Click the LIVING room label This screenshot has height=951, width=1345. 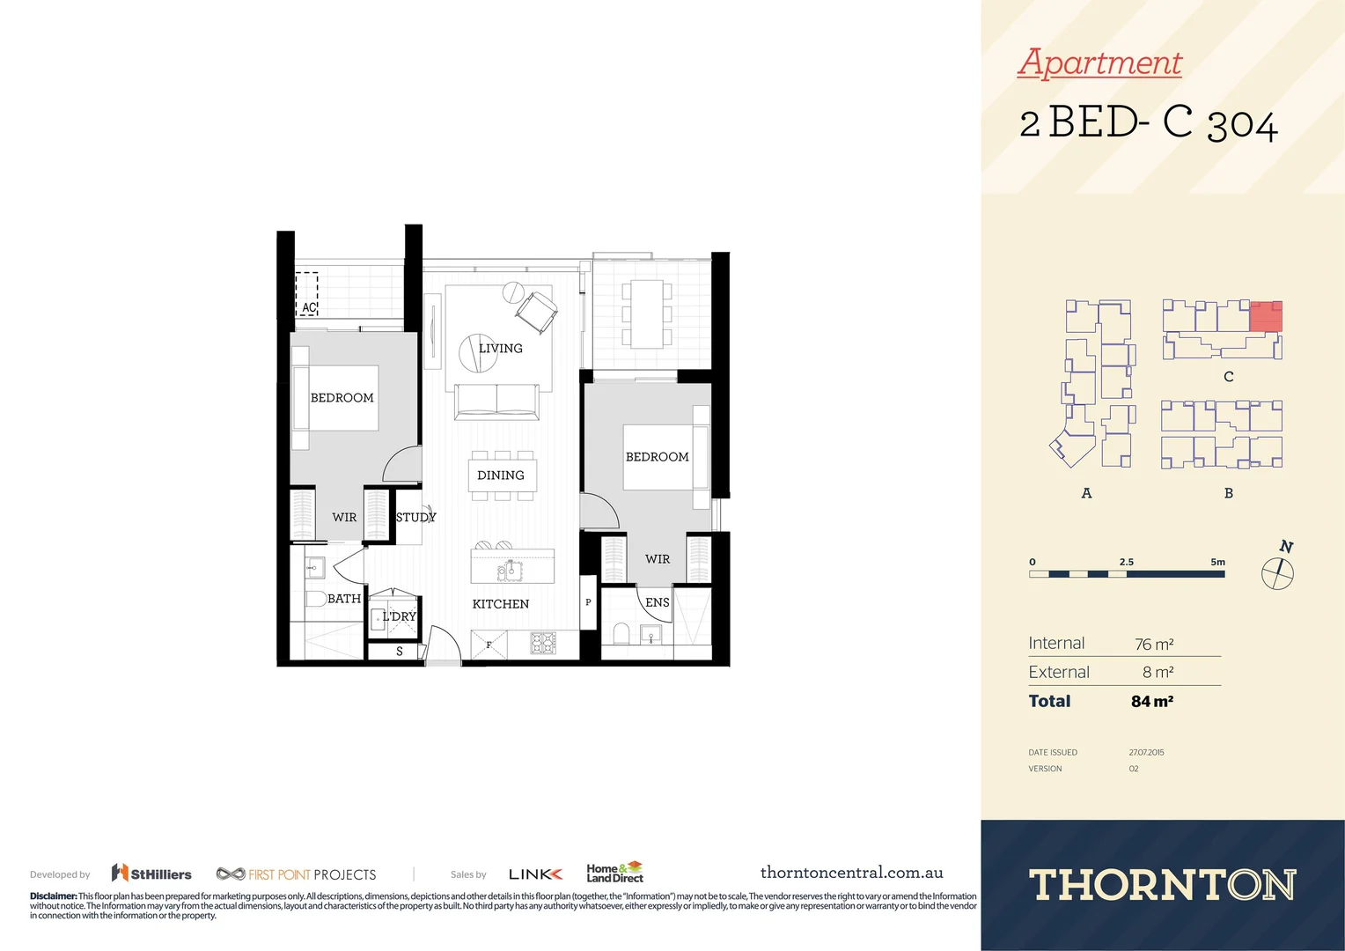(x=500, y=349)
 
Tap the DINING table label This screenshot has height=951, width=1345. (x=500, y=475)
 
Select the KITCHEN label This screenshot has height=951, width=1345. (x=500, y=604)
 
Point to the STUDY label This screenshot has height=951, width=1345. (x=415, y=518)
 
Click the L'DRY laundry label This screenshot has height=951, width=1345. (x=399, y=616)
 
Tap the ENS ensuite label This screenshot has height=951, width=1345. (x=657, y=603)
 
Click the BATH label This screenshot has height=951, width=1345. (x=344, y=599)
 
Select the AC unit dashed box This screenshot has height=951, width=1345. (x=306, y=294)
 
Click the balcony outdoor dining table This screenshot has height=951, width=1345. (x=647, y=313)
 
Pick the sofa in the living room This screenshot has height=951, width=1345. (x=496, y=402)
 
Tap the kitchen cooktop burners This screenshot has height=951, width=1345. (x=543, y=644)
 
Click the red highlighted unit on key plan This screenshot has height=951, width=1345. (x=1266, y=315)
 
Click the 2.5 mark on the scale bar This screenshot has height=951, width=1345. (x=1127, y=562)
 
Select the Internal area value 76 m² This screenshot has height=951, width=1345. (x=1154, y=645)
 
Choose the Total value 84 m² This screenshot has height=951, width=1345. (x=1151, y=702)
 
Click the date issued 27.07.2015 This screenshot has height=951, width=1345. (x=1146, y=753)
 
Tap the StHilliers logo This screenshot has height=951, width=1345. (x=151, y=874)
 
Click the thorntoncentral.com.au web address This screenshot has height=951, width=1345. (x=851, y=873)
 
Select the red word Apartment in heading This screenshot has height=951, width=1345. (x=1099, y=63)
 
